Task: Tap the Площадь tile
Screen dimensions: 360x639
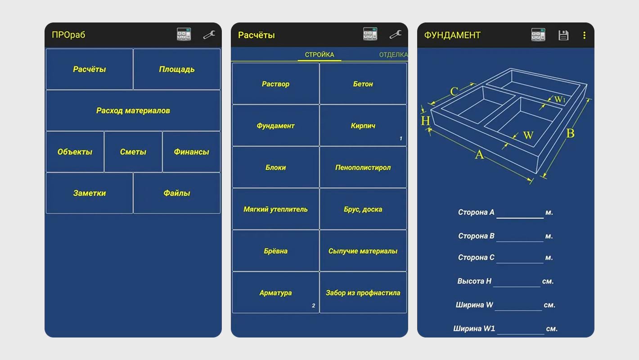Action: [177, 69]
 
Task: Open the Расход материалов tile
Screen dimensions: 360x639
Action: [133, 111]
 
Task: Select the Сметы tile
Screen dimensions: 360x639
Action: [133, 152]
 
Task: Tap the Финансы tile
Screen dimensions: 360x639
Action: [191, 152]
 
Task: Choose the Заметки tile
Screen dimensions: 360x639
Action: [90, 193]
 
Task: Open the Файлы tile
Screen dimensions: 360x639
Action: [177, 193]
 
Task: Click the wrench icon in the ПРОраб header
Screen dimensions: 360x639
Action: [209, 35]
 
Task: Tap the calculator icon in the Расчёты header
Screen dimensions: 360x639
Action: [370, 35]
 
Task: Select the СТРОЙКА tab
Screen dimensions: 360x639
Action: [319, 55]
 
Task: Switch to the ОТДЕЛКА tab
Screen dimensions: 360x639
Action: [393, 55]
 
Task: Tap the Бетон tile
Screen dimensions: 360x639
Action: [363, 84]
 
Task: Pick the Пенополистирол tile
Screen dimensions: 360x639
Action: [363, 168]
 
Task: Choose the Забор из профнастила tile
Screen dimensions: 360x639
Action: [363, 293]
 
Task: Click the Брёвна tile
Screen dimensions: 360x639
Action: [276, 251]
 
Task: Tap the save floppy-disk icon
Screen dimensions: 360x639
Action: [563, 35]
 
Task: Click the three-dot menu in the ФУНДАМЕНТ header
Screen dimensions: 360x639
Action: [584, 35]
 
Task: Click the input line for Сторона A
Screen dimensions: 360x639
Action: [520, 213]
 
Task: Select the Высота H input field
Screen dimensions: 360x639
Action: [517, 282]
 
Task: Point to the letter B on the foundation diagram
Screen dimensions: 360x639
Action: [570, 134]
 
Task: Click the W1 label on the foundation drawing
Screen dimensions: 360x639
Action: [559, 99]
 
